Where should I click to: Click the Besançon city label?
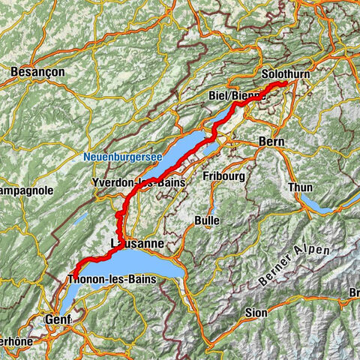(x=37, y=71)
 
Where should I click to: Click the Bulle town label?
(x=206, y=220)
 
